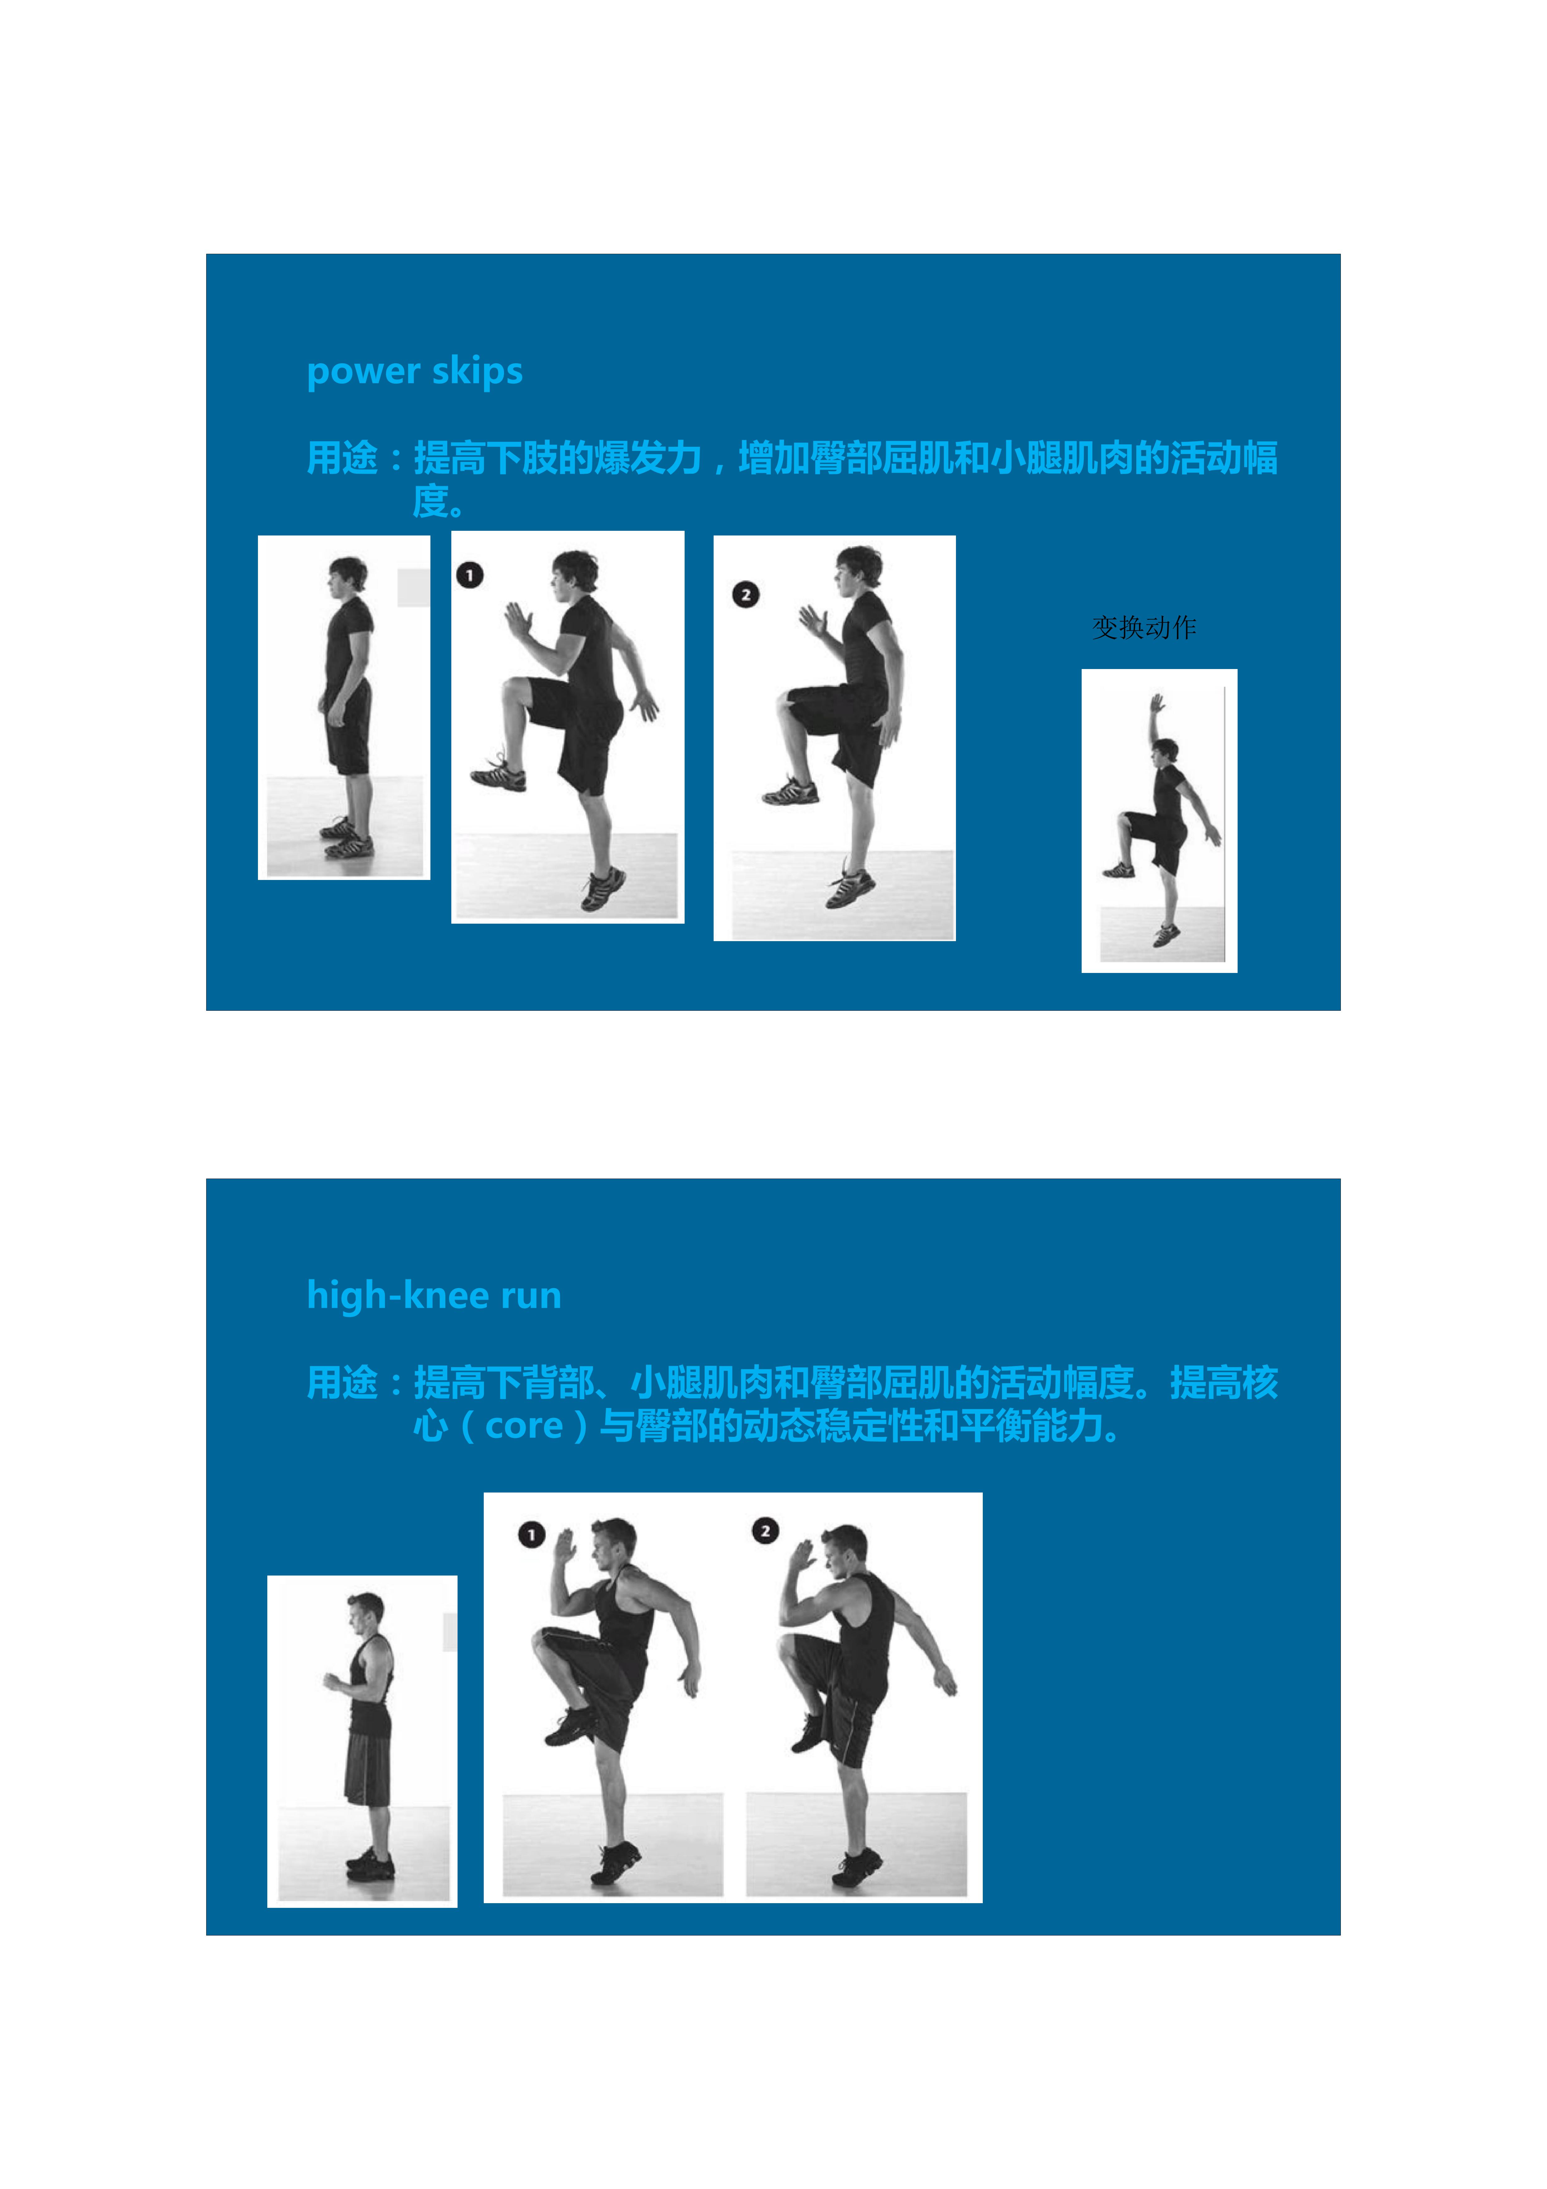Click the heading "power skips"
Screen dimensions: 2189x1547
pos(415,371)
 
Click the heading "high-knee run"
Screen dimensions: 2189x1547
pos(434,1295)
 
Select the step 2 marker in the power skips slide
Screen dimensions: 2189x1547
pos(745,594)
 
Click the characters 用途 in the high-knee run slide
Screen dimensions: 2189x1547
pos(341,1382)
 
